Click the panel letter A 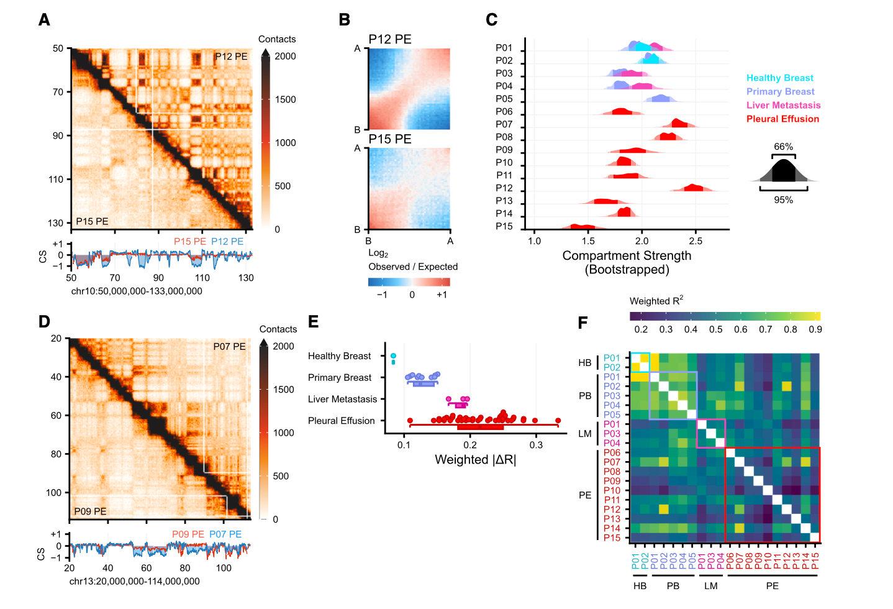click(44, 20)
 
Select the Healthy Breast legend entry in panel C click(779, 78)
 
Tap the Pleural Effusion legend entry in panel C click(782, 119)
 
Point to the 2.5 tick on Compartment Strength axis click(696, 240)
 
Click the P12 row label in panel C click(504, 188)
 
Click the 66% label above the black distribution click(783, 147)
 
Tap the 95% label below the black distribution click(783, 200)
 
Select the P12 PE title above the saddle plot click(390, 39)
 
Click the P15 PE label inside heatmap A click(92, 221)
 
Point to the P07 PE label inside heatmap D click(229, 347)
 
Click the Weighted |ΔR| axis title click(475, 460)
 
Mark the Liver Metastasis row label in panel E click(342, 400)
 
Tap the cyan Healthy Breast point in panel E click(393, 356)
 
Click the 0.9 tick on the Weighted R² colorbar click(815, 329)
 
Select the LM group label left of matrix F click(584, 434)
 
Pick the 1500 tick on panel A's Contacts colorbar click(285, 99)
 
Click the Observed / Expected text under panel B click(413, 267)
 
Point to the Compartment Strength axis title click(627, 256)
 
